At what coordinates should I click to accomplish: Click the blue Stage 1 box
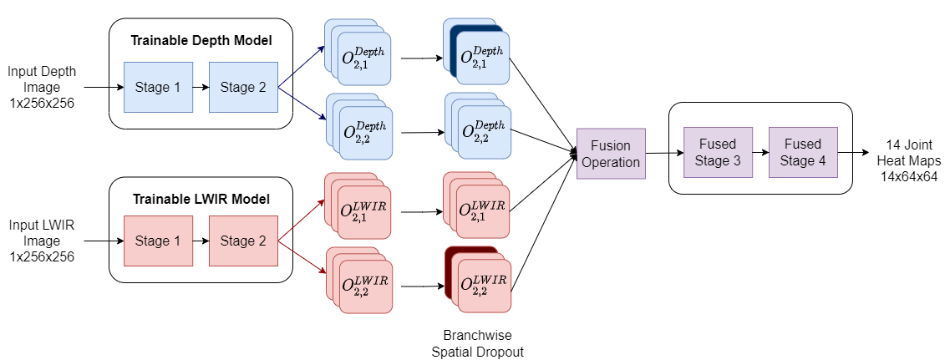point(158,87)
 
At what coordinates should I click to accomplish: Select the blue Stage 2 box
point(243,87)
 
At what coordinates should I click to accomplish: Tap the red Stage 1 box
point(158,241)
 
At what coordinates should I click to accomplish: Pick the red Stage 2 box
point(243,241)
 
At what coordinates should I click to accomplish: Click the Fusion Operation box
point(611,154)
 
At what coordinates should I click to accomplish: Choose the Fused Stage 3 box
point(718,152)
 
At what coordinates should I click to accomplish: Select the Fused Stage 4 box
point(803,152)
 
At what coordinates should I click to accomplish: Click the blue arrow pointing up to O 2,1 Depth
point(302,67)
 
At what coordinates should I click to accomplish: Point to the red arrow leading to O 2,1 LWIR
point(302,221)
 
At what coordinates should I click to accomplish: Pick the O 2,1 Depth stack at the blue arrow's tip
point(363,58)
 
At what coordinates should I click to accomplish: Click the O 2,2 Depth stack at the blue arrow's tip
point(363,132)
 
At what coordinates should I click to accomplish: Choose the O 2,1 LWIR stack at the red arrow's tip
point(363,210)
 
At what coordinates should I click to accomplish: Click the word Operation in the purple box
point(611,162)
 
